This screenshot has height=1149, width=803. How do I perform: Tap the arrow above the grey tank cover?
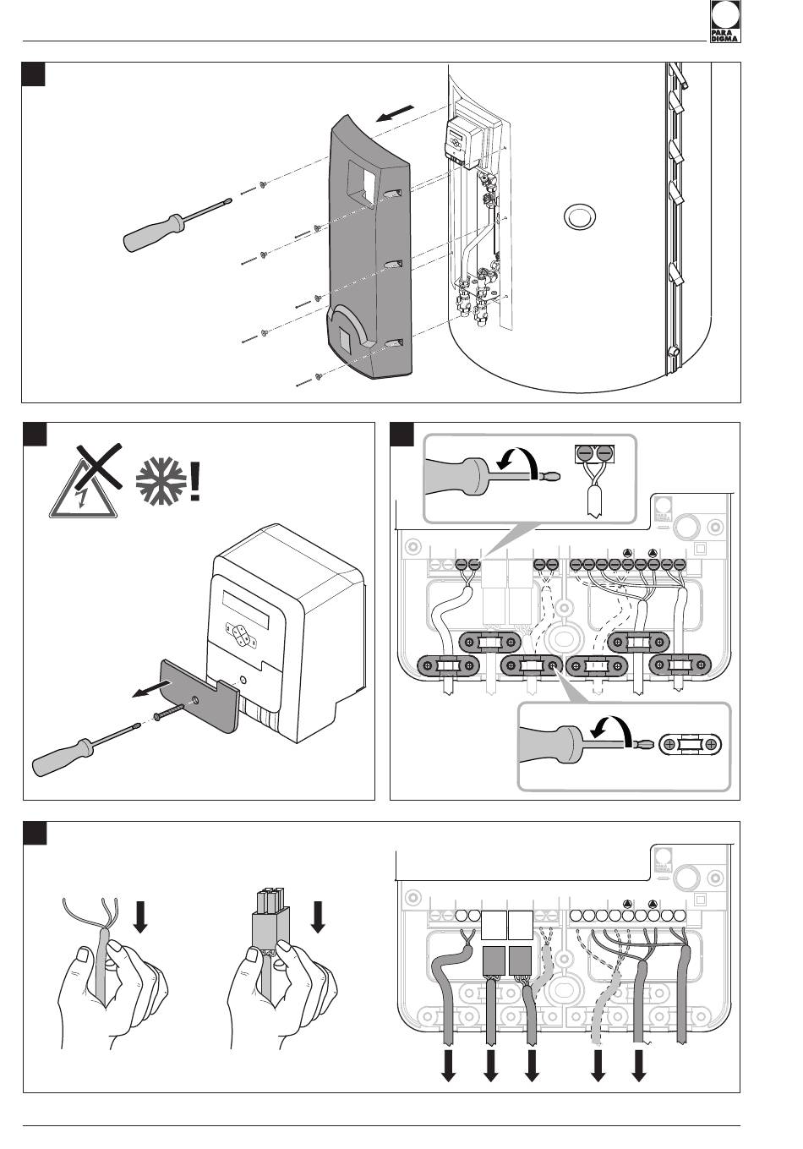click(x=396, y=114)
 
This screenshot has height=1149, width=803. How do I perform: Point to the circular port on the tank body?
click(x=579, y=216)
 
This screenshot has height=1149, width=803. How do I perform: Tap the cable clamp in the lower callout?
click(x=691, y=744)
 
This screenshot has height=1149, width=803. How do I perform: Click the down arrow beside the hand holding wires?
click(x=141, y=916)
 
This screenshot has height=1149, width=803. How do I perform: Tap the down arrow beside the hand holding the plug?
click(x=319, y=916)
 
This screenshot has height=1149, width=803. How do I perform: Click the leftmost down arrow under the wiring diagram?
click(x=448, y=1068)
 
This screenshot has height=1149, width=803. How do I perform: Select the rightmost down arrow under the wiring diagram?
click(x=640, y=1068)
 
